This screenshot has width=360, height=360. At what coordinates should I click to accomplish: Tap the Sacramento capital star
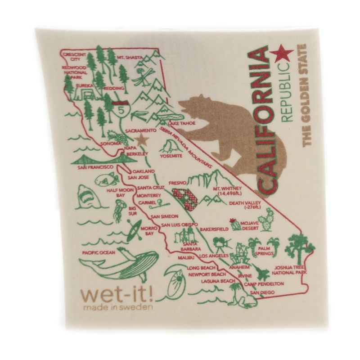tap(143, 139)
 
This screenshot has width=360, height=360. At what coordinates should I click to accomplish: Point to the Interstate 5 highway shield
tap(120, 109)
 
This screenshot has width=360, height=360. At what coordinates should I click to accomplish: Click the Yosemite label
tap(171, 156)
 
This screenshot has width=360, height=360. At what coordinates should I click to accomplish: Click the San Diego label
tap(261, 293)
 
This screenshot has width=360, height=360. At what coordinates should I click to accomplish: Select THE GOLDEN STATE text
tap(308, 94)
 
